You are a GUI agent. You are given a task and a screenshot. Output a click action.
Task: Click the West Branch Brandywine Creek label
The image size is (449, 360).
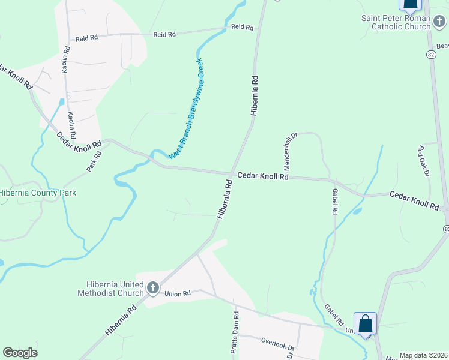[x=186, y=109]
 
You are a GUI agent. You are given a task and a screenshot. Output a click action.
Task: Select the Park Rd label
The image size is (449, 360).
[x=94, y=161]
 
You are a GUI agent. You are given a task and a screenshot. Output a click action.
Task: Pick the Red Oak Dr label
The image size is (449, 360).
[x=424, y=160]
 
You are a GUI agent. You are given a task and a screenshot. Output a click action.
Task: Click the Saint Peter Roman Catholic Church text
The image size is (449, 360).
[x=396, y=22]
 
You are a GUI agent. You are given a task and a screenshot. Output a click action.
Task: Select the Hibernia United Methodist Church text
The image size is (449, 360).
[x=111, y=289]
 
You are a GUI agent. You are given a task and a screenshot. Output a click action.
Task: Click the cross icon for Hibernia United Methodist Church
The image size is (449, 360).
[x=152, y=289]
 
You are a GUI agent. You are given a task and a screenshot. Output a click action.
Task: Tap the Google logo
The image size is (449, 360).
[x=20, y=353]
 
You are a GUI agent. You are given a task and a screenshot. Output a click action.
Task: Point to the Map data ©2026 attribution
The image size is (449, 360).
[x=423, y=355]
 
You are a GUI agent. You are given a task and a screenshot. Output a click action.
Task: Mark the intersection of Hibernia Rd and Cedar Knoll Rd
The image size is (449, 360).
[x=231, y=173]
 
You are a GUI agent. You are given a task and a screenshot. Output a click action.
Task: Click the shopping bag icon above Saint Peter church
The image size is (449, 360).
[x=411, y=5]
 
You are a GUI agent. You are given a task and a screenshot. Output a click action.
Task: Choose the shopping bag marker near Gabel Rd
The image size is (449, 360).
[x=365, y=324]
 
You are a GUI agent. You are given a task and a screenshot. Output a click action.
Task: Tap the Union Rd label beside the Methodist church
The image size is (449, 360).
[x=178, y=293]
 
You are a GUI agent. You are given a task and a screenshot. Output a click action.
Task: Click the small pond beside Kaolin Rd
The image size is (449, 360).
[x=61, y=101]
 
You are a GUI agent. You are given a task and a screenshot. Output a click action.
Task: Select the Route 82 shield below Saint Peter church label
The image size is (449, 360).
[x=431, y=54]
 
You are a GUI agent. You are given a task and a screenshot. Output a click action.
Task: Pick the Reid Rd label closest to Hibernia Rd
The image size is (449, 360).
[x=243, y=27]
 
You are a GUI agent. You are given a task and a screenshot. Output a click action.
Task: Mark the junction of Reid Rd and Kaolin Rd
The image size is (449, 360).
[x=66, y=40]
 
